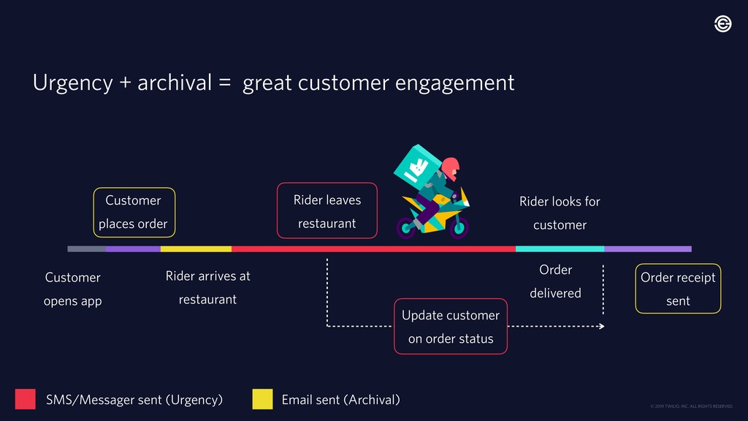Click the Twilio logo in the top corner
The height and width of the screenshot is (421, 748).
tap(722, 24)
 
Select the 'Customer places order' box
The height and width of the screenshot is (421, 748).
tap(133, 212)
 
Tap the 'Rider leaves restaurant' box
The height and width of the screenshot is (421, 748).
tap(327, 210)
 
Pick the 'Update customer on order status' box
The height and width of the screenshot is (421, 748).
tap(451, 327)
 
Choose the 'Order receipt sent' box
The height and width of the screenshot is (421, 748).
tap(678, 289)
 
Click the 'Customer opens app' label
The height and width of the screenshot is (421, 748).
tap(72, 289)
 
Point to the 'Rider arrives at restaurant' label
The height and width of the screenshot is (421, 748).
tap(207, 287)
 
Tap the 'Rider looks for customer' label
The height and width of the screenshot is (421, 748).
tap(560, 213)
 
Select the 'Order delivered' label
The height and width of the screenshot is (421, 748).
tap(555, 281)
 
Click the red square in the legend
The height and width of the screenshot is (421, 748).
tap(25, 399)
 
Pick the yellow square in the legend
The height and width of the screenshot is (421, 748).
tap(262, 399)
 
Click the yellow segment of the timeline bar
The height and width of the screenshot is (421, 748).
tap(196, 249)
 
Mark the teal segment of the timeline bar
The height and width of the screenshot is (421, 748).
tap(560, 249)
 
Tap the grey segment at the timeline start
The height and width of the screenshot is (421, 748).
tap(86, 249)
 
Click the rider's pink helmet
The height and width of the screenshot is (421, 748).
tap(451, 167)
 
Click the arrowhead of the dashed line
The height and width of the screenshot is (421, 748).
tap(601, 326)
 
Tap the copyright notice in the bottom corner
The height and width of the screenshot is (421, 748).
tap(690, 406)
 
